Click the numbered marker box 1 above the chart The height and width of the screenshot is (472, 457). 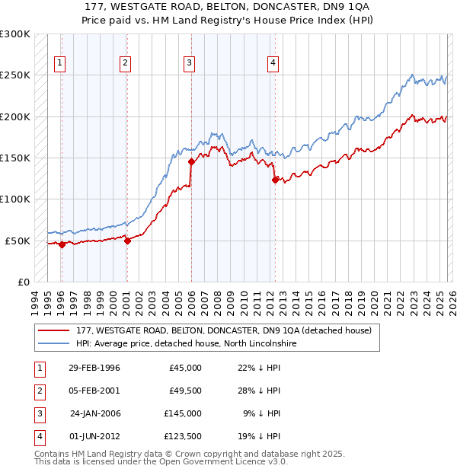[60, 63]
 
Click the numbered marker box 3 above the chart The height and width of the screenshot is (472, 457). [188, 63]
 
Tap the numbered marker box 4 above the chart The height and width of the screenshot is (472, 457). [272, 63]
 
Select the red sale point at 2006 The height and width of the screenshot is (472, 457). [191, 162]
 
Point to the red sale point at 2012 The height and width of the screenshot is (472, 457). [275, 180]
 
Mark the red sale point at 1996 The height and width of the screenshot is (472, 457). [62, 244]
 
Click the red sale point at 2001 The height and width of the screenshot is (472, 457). [127, 241]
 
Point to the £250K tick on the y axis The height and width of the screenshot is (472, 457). [16, 75]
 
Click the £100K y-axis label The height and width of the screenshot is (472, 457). [16, 199]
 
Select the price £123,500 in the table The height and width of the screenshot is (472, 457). [182, 436]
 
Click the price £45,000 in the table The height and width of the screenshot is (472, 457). [185, 368]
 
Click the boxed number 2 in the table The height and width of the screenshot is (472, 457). [37, 391]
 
